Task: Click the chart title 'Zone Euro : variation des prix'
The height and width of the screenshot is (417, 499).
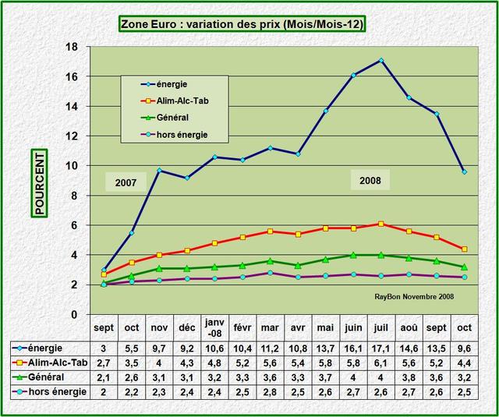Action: point(242,24)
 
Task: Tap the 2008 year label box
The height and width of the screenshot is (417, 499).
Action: point(370,181)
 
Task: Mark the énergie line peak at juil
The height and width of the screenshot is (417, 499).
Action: point(380,60)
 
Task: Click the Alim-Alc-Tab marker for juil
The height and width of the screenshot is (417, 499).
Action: point(380,224)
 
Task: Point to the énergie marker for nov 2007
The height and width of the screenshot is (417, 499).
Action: point(158,170)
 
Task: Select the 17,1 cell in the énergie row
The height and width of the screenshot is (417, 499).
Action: point(380,348)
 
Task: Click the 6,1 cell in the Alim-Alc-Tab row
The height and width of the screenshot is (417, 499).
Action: point(380,362)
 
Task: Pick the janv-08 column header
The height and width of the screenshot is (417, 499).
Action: point(214,327)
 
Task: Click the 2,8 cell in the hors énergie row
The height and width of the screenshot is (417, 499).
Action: point(270,392)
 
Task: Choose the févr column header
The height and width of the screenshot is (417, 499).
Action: point(242,327)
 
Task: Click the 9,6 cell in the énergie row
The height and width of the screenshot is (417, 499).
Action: point(464,348)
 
